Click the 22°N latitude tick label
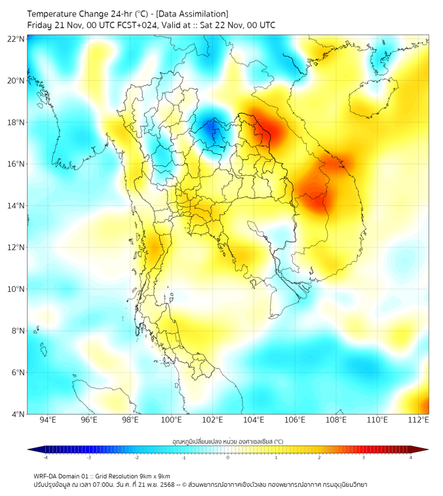click(x=16, y=39)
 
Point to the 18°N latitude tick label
click(x=16, y=123)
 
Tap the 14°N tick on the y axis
click(x=16, y=206)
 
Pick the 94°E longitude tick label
click(x=48, y=420)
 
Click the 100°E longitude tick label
click(x=172, y=420)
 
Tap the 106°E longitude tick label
click(x=296, y=420)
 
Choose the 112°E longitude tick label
click(x=419, y=420)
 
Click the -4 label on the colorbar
click(x=45, y=457)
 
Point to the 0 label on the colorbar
click(x=228, y=457)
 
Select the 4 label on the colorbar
click(x=411, y=457)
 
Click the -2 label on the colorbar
click(x=136, y=457)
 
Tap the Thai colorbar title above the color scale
click(x=227, y=442)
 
